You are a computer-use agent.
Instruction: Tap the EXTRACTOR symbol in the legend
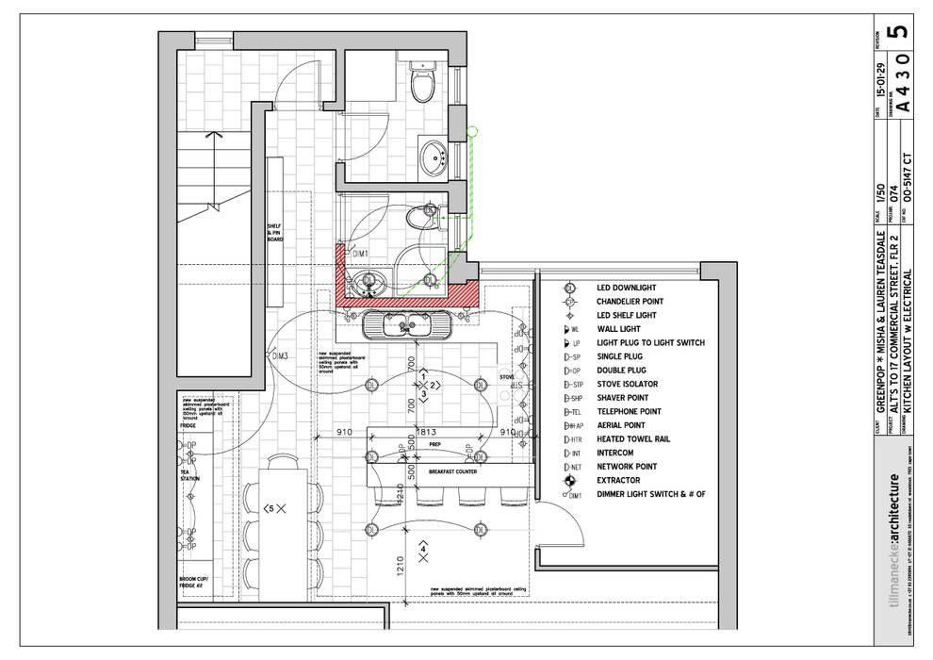coord(570,481)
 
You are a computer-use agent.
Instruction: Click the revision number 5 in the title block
coord(899,29)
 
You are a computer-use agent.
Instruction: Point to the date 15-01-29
coord(881,82)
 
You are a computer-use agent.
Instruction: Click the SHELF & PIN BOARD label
coord(274,234)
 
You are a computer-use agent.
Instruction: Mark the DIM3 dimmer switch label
coord(279,356)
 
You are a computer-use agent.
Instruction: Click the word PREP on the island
coord(435,443)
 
